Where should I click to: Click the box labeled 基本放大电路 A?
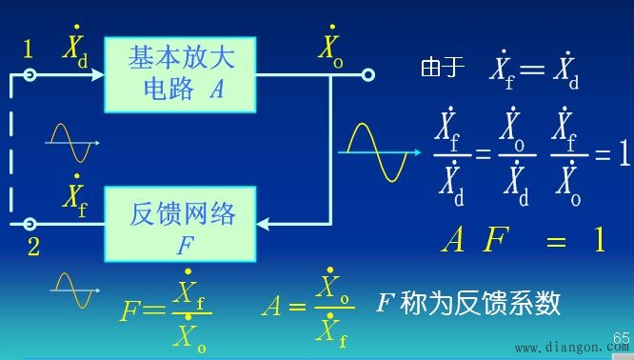coord(181,73)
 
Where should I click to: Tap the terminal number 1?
coord(28,49)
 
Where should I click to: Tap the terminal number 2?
coord(33,248)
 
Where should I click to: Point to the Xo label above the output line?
coord(329,46)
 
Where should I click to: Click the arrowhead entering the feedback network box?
coord(267,225)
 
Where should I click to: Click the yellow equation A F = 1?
coord(523,239)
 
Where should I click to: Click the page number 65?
coord(622,337)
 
